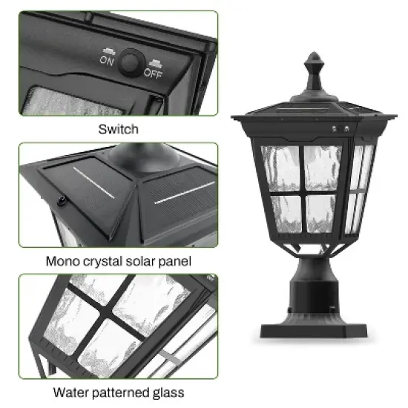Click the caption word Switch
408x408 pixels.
click(x=118, y=129)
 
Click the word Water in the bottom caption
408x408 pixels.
click(x=69, y=392)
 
